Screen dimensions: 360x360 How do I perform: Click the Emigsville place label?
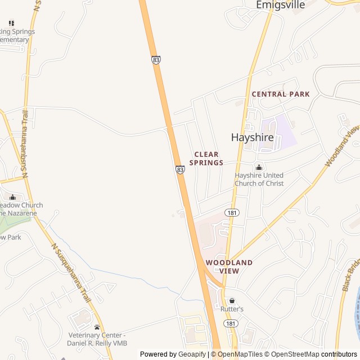280,5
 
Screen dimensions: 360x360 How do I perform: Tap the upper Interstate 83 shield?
156,60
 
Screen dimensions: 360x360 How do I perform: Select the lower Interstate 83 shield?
179,169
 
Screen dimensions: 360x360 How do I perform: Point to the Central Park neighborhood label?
281,94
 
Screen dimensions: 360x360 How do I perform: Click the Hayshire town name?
253,137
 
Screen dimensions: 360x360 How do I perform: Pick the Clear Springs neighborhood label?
206,159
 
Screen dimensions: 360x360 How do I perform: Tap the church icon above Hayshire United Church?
259,167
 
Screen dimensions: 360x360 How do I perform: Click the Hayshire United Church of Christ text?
259,179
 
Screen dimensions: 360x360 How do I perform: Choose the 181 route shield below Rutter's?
231,323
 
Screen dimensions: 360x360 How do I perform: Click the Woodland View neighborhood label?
229,267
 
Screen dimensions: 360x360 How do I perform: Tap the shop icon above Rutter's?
232,301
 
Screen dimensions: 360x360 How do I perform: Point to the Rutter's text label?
232,309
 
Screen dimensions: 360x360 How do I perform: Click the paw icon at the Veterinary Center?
97,327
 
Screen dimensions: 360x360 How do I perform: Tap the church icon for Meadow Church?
12,197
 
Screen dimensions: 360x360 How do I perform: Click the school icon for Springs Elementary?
11,23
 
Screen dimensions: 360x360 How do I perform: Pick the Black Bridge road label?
350,276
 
